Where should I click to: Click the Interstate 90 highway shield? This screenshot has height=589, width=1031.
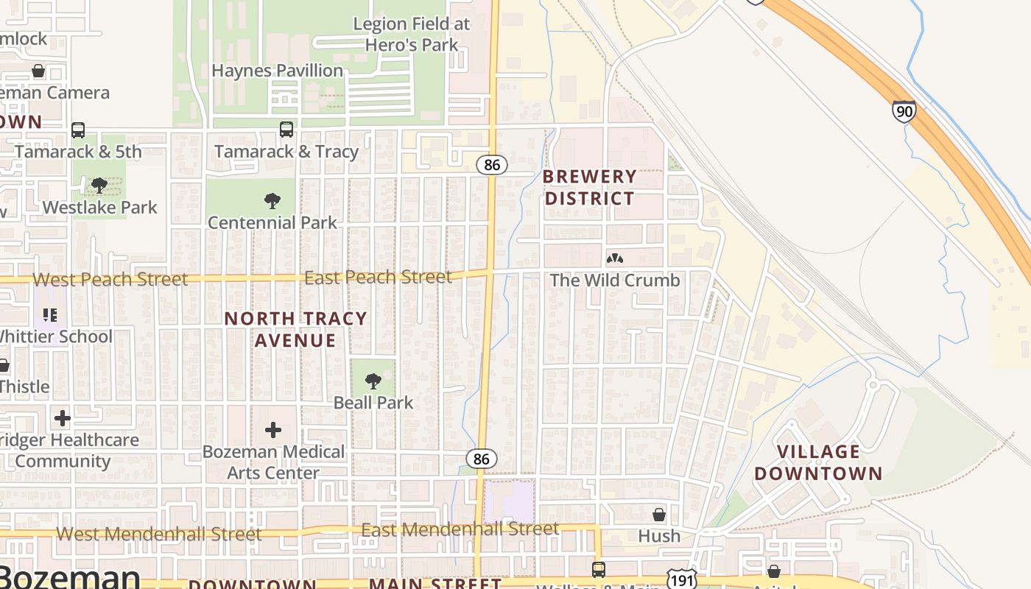pos(904,111)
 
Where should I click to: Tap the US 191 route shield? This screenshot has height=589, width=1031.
pos(678,579)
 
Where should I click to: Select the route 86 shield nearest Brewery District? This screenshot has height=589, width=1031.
pos(492,165)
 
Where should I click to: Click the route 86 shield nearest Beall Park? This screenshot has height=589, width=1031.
pos(481,459)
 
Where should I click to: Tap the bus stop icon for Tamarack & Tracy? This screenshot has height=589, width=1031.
pos(286,130)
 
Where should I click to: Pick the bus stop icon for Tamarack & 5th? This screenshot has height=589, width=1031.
pos(78,130)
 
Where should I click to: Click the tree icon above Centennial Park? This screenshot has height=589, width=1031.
pos(272,200)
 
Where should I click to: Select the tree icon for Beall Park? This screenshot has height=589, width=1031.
pos(373,381)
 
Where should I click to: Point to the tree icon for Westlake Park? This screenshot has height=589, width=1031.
pos(99,186)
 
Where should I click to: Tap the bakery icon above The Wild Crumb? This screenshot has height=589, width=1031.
pos(615,258)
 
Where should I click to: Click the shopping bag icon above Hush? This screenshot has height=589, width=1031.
pos(659,514)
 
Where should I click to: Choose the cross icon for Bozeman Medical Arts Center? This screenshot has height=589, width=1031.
pos(273,430)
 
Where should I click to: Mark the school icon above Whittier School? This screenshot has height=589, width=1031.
pos(50,315)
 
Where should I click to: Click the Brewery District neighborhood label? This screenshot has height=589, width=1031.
pos(589,187)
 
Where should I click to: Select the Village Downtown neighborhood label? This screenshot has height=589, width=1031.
pos(817,462)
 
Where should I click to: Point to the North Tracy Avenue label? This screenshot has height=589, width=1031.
pos(295,329)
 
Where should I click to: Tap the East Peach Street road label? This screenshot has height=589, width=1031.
pos(378,278)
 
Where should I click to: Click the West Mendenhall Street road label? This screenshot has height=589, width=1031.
pos(159,534)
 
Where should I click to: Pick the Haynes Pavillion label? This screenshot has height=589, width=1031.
pos(277,71)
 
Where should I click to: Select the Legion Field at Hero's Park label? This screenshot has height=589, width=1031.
pos(411,34)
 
